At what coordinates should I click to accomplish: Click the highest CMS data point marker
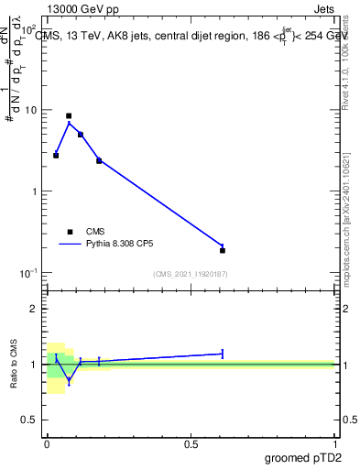[x=69, y=116]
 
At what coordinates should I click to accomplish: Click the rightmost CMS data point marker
[x=223, y=250]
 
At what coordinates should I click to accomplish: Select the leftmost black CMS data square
[x=56, y=156]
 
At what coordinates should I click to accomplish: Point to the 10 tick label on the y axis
[x=30, y=110]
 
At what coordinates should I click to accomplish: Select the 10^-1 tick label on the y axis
[x=28, y=273]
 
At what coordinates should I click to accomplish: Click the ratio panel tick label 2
[x=37, y=309]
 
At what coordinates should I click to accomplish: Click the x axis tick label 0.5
[x=191, y=444]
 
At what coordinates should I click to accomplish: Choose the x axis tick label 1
[x=334, y=444]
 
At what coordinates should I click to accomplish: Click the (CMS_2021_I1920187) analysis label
[x=191, y=274]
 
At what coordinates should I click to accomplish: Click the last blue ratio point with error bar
[x=223, y=353]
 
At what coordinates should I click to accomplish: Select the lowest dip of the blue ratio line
[x=69, y=380]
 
